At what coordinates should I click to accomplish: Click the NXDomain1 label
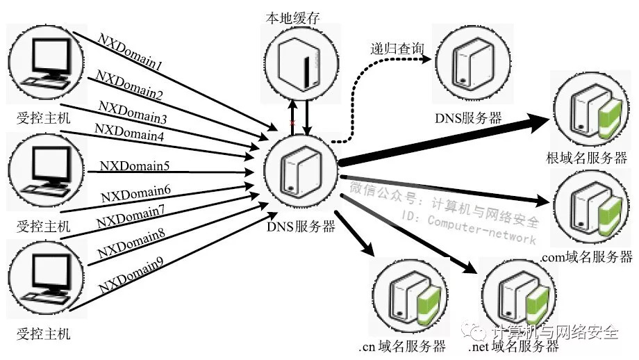(x=131, y=56)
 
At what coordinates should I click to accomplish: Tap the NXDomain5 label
(x=135, y=166)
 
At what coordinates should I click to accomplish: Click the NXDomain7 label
(x=131, y=216)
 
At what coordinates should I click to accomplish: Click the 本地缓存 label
(x=290, y=17)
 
